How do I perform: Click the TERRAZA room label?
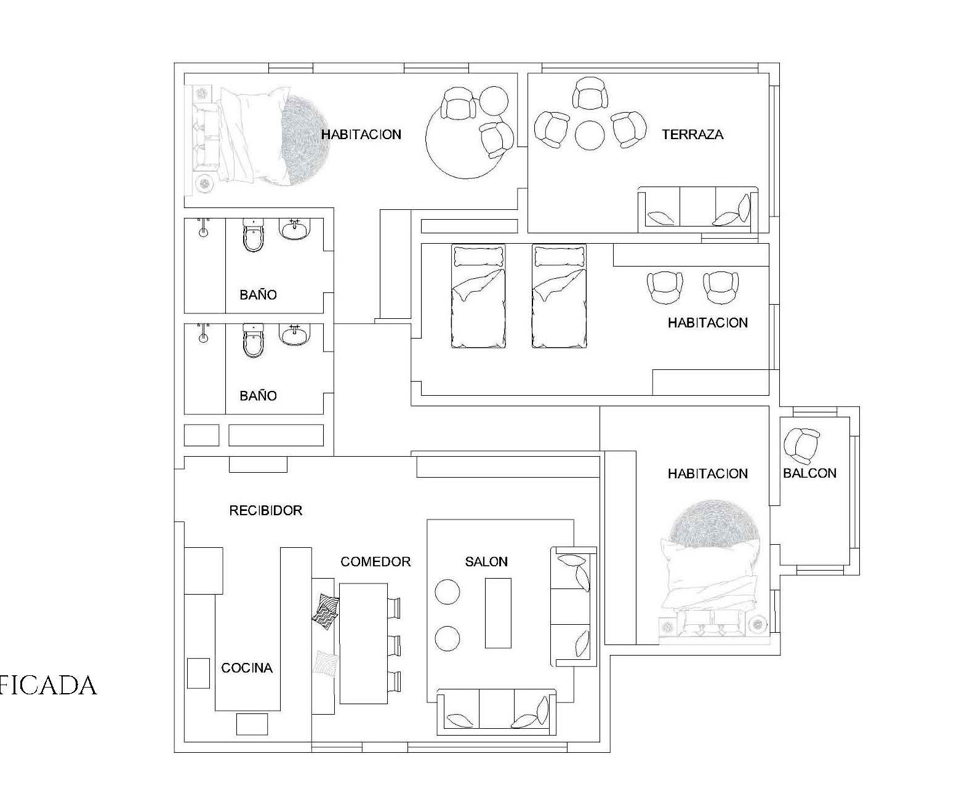692,135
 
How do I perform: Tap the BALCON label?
809,473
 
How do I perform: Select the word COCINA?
247,668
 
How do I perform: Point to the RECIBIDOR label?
265,510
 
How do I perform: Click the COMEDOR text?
375,561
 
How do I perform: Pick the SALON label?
486,561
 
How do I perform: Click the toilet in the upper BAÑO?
254,235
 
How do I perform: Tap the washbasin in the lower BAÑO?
295,334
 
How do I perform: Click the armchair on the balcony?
802,446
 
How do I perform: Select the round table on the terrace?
590,135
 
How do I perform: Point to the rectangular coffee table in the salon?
499,613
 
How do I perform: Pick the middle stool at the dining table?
394,646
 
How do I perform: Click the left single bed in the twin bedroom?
479,296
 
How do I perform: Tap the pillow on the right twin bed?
559,257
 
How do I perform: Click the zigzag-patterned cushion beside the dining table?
326,611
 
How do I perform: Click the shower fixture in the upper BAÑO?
204,227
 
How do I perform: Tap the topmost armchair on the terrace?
590,94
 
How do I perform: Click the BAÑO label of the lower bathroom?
258,396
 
